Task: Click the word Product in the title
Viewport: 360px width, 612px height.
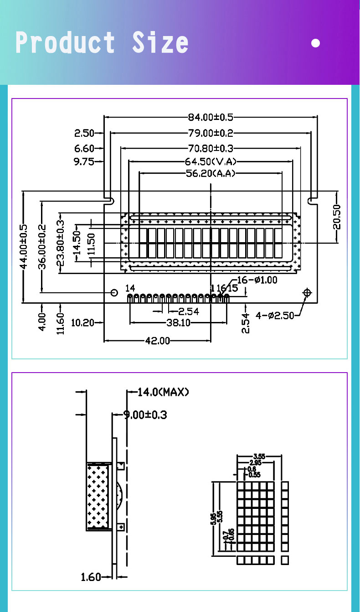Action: (x=65, y=43)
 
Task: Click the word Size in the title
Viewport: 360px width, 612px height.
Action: (x=160, y=43)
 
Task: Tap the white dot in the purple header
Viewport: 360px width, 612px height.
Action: (x=315, y=43)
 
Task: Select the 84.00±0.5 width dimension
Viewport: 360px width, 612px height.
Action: (x=211, y=117)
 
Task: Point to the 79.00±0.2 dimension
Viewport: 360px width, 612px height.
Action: (x=211, y=133)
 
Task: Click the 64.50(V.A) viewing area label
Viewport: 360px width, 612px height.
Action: (x=211, y=161)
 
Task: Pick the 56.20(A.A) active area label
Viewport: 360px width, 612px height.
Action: (x=211, y=173)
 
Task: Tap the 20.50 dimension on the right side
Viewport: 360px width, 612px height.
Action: (x=337, y=217)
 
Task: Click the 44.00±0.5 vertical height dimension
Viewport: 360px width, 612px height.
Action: (x=24, y=246)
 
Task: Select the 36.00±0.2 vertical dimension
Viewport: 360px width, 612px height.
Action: (x=42, y=246)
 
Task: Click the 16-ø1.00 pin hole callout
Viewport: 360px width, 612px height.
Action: (x=257, y=280)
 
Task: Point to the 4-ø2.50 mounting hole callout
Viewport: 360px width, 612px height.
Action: (x=275, y=315)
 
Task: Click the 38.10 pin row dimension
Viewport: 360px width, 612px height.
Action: (x=178, y=323)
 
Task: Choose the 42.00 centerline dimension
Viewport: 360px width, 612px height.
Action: (x=158, y=340)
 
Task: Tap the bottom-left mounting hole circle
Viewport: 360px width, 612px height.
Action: (x=114, y=292)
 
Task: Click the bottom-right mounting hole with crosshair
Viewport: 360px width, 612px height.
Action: (x=307, y=292)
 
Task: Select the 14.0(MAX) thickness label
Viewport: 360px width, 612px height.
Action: (x=163, y=392)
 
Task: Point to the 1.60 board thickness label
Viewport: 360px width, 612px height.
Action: (x=91, y=577)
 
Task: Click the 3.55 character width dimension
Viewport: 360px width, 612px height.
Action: (x=259, y=456)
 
